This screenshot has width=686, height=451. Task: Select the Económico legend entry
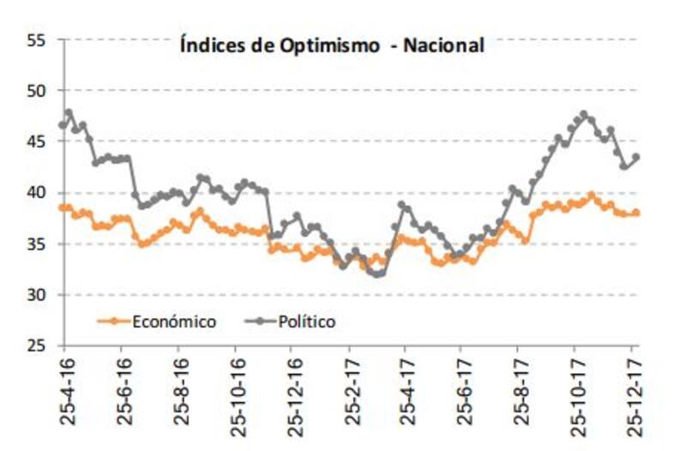click(173, 322)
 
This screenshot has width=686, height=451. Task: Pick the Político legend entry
click(306, 322)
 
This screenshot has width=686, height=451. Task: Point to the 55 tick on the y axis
click(35, 39)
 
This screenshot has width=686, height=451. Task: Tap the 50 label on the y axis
click(35, 91)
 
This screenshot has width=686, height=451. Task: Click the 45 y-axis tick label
click(35, 142)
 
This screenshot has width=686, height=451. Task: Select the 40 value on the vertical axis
click(35, 193)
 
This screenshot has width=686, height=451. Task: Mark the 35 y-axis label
click(35, 244)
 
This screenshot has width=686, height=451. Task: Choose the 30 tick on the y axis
click(35, 295)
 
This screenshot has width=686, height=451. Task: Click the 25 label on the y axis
click(35, 346)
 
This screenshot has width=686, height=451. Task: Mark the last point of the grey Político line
click(636, 157)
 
